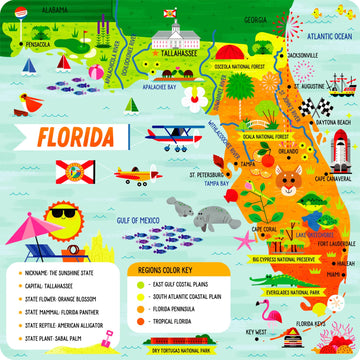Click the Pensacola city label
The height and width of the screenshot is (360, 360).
[38, 45]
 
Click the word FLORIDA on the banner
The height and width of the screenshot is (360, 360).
[75, 134]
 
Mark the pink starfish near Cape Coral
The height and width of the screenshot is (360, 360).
[244, 239]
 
